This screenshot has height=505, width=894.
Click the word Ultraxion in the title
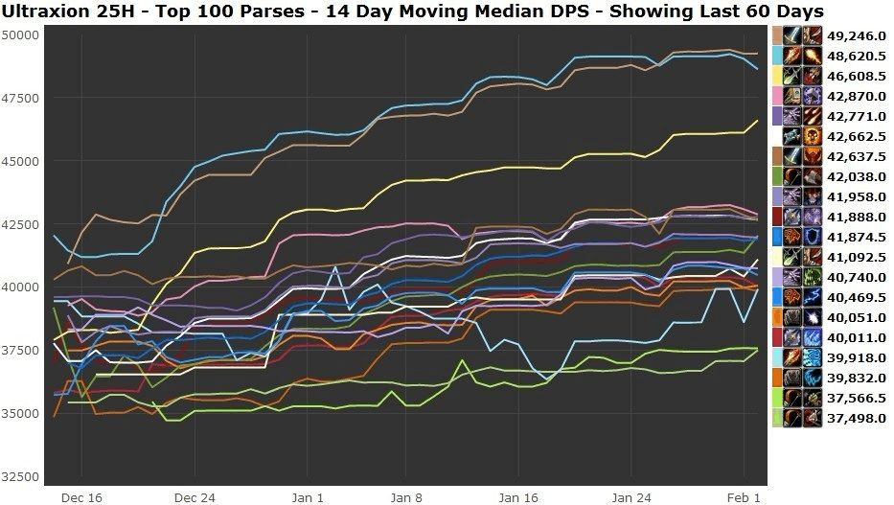tap(47, 11)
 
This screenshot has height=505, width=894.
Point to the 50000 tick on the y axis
tap(20, 34)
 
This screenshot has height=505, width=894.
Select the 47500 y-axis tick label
tap(20, 98)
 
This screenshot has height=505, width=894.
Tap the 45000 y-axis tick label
tap(20, 161)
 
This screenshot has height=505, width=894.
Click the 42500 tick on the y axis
tap(20, 224)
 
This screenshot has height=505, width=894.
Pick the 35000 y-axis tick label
tap(20, 413)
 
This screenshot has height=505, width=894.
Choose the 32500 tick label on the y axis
tap(20, 476)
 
